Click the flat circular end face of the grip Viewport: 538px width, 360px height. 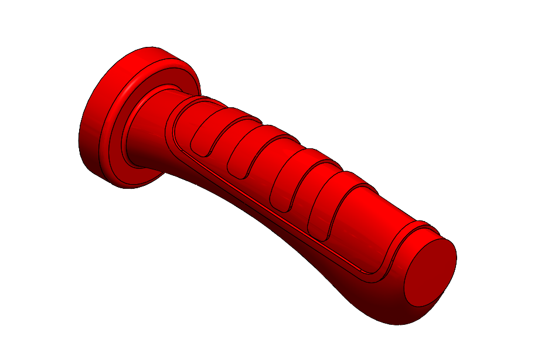pos(430,272)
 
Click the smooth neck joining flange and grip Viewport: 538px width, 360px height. pos(149,132)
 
